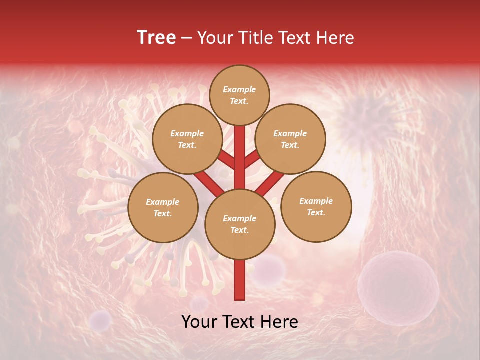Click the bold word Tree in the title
click(156, 38)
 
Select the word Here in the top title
click(335, 38)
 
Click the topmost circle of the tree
click(239, 95)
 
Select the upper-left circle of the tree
click(187, 139)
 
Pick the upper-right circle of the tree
click(290, 139)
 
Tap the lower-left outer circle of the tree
click(163, 207)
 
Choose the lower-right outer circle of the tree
click(316, 206)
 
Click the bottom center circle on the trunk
click(240, 224)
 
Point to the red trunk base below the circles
click(240, 280)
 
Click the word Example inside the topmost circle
click(239, 89)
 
